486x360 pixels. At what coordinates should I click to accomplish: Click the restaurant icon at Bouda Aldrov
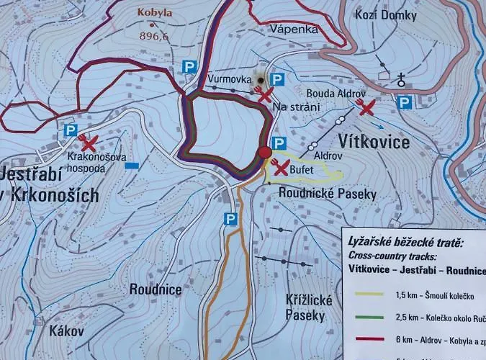coord(366,108)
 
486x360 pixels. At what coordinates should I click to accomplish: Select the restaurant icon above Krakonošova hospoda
coord(89,141)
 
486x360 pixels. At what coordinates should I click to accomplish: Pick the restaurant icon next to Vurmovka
coord(264,94)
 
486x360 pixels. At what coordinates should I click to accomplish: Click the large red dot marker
coord(265,151)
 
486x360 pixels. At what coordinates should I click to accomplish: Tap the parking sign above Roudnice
coord(230,218)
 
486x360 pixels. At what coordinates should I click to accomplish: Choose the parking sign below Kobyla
coord(189,66)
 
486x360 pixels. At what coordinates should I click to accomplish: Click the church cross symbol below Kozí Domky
coord(401,80)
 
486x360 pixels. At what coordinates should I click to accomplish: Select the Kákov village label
coord(67,332)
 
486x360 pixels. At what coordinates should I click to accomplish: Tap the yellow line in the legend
coord(378,293)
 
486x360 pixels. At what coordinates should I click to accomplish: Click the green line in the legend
coord(378,316)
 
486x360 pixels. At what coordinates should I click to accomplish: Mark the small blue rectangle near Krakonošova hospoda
coord(132,165)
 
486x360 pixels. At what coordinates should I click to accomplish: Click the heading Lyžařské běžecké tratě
coord(406,243)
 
